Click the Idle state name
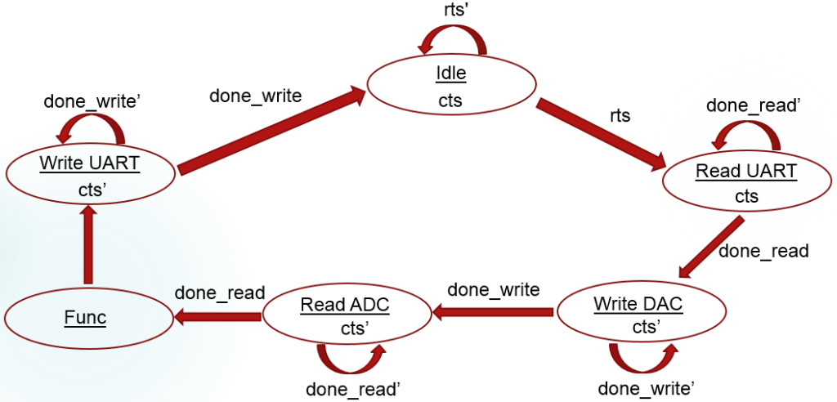point(450,74)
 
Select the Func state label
point(86,316)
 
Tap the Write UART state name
point(90,163)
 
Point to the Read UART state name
point(746,172)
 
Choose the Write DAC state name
point(638,304)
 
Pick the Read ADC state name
point(344,306)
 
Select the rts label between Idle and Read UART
point(620,115)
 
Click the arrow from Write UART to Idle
point(270,131)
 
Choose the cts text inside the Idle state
point(450,100)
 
